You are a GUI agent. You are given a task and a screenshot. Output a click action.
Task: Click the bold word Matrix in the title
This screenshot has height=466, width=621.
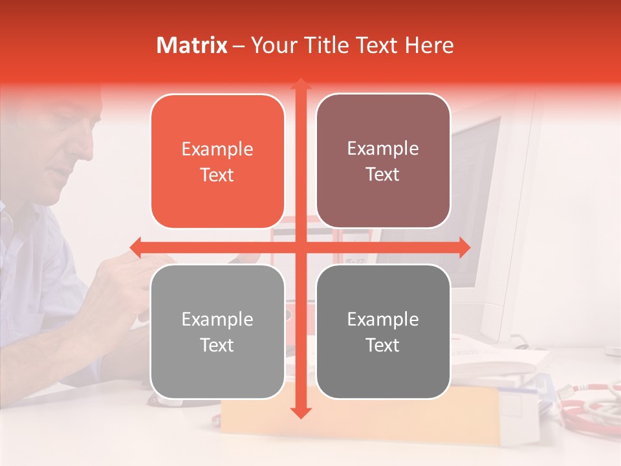(192, 45)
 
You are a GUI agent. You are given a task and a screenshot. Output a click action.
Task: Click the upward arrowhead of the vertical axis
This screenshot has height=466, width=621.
(300, 84)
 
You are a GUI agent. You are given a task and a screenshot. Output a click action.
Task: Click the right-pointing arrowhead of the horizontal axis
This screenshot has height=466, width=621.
(464, 247)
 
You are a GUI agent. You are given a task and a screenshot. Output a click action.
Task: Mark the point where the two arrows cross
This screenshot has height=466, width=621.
(300, 247)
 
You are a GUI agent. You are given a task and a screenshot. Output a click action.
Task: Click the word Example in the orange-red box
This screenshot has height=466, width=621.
(217, 150)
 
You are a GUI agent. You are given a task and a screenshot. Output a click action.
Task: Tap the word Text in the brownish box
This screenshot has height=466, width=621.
(383, 175)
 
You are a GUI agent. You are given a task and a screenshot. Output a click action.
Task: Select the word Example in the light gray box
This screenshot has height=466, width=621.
(217, 319)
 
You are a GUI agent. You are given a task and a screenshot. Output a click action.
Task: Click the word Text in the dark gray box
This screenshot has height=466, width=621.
(383, 345)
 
